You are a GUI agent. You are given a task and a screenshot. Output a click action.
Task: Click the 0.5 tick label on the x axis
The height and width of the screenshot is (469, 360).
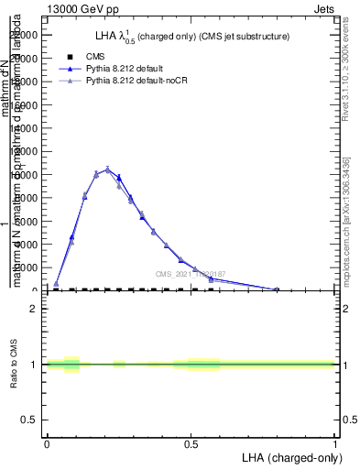[x=191, y=443]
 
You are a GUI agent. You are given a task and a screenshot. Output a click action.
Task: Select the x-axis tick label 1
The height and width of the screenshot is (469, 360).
[x=334, y=443]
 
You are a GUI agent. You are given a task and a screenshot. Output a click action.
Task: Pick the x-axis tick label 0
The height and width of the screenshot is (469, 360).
[x=47, y=443]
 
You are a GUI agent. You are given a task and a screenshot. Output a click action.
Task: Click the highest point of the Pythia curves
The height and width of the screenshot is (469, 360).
[x=107, y=169]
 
